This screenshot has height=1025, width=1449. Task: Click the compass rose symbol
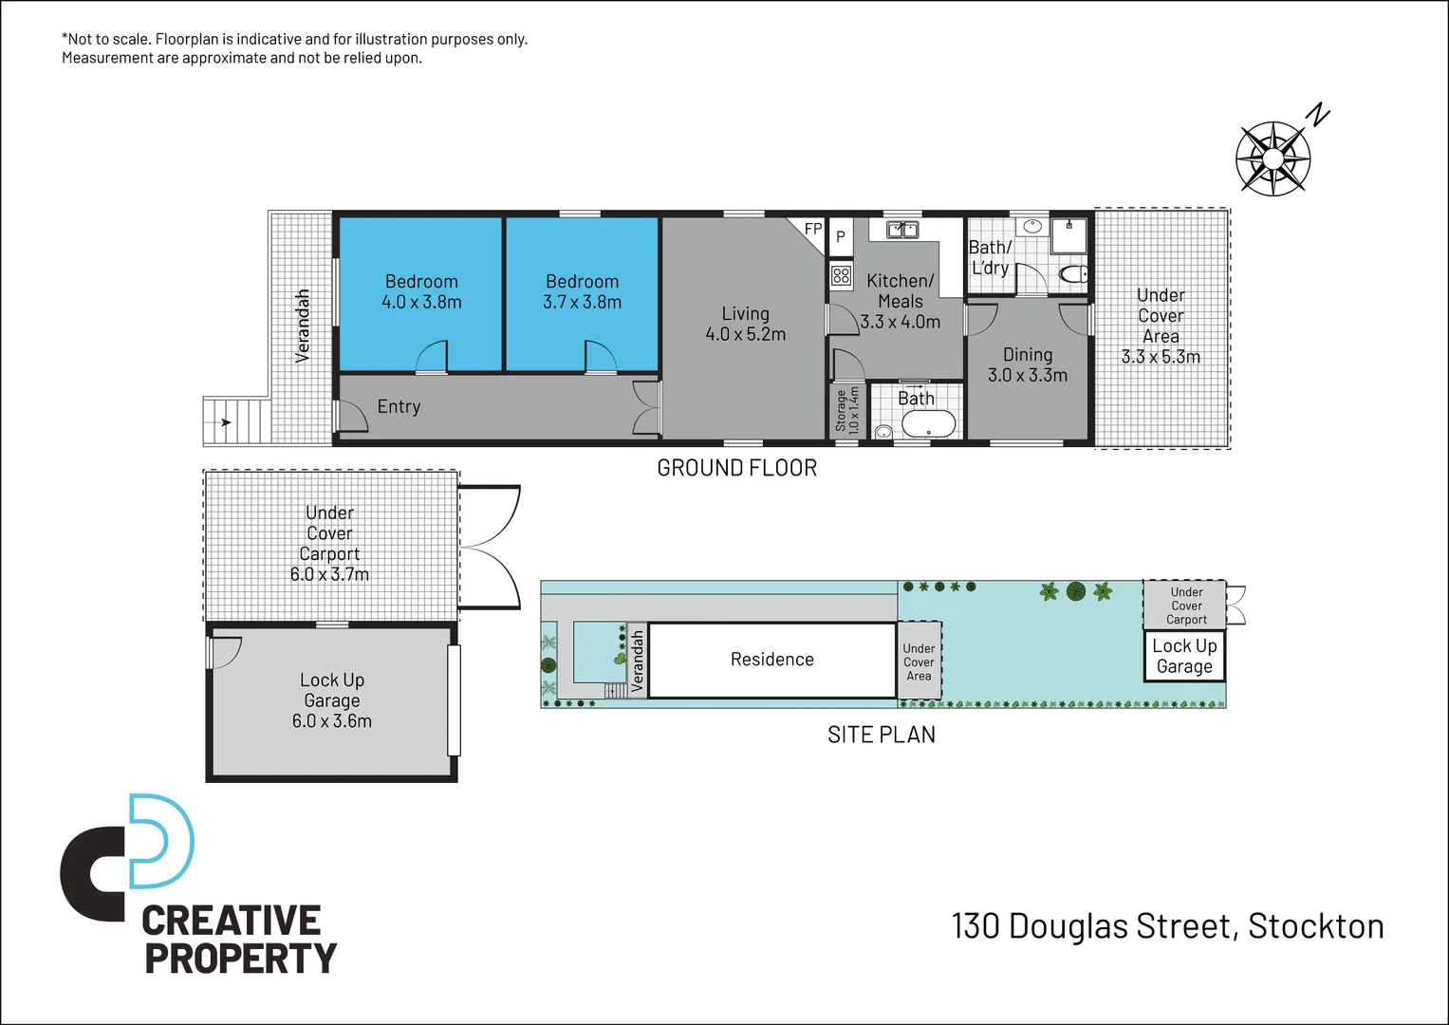click(1273, 158)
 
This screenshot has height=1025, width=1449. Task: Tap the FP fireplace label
click(813, 229)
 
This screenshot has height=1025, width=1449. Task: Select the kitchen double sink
click(901, 230)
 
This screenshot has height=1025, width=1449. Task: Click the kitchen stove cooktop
click(841, 276)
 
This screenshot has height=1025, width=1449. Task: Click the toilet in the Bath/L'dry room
click(1073, 275)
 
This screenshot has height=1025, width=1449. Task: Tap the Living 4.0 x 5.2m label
click(745, 324)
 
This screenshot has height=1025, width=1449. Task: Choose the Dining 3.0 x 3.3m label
click(1027, 364)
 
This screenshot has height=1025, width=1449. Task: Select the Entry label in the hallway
click(399, 406)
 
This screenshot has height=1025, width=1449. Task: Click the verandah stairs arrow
click(225, 422)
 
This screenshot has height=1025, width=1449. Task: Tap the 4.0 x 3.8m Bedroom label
click(421, 291)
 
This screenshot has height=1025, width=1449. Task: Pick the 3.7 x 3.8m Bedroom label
click(582, 291)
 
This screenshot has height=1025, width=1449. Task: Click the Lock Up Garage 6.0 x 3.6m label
click(331, 700)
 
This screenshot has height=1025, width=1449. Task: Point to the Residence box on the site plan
click(771, 660)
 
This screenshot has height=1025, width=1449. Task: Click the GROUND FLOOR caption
click(736, 468)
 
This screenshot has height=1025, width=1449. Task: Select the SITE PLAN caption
click(881, 735)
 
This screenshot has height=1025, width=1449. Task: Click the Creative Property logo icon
click(128, 856)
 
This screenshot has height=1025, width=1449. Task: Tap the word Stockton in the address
click(1315, 926)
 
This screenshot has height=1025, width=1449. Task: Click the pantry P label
click(840, 237)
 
